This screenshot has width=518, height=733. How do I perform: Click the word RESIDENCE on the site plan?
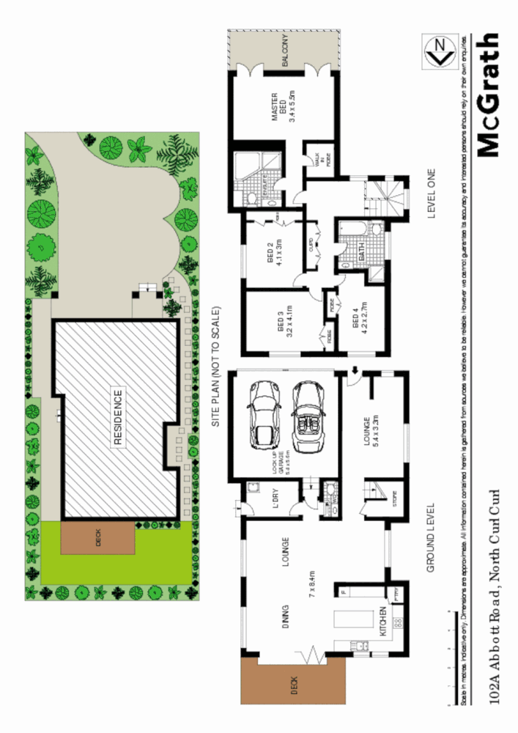point(118,417)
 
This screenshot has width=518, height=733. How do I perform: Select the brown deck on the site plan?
point(97,539)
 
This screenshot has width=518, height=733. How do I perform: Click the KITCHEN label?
point(382,622)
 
